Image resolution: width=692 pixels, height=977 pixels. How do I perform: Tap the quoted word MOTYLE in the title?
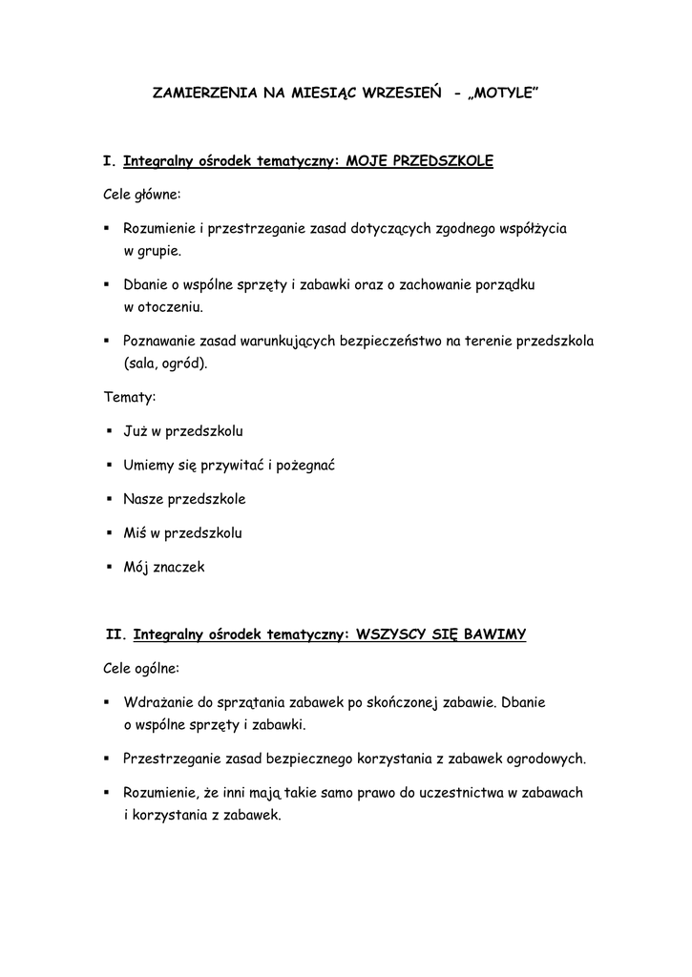504,94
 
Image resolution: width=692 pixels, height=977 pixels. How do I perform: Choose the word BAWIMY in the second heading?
494,633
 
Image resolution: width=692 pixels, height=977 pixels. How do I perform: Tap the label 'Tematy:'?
129,397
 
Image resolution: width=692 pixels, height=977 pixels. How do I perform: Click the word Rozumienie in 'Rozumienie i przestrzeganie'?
161,229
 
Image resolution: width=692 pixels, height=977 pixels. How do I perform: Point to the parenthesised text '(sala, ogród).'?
165,364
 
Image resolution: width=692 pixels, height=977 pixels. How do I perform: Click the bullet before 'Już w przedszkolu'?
111,431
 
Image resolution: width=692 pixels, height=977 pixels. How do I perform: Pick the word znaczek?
178,567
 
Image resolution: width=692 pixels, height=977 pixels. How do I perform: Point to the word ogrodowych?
545,759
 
